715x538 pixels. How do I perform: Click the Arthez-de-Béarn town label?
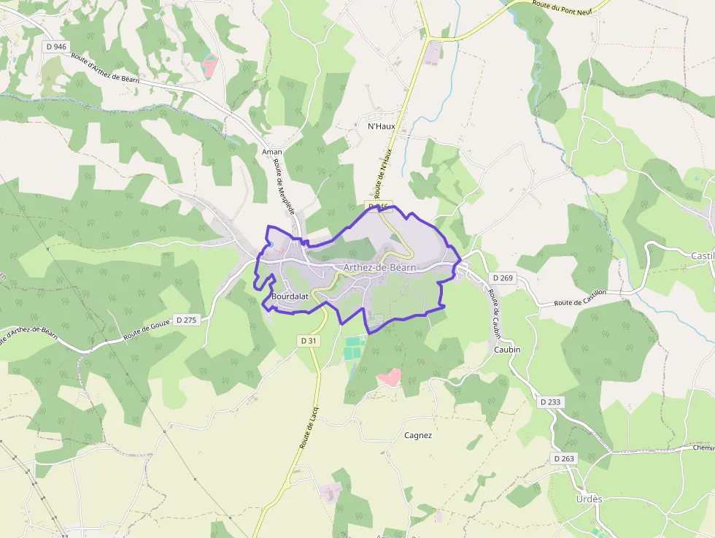pyautogui.click(x=379, y=268)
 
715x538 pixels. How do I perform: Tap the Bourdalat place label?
pyautogui.click(x=290, y=297)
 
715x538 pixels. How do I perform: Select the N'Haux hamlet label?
pyautogui.click(x=381, y=126)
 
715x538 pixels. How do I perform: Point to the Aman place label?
pyautogui.click(x=271, y=152)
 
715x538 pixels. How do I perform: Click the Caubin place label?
pyautogui.click(x=507, y=350)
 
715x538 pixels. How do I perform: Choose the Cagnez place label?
pyautogui.click(x=418, y=436)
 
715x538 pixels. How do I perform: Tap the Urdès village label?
pyautogui.click(x=589, y=499)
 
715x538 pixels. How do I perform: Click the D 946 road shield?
pyautogui.click(x=56, y=47)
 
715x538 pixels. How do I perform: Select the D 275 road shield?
pyautogui.click(x=187, y=320)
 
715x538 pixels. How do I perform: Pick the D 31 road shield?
pyautogui.click(x=309, y=341)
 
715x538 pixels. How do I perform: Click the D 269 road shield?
pyautogui.click(x=503, y=278)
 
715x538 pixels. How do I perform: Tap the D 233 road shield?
pyautogui.click(x=552, y=402)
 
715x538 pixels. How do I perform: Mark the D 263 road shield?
pyautogui.click(x=564, y=458)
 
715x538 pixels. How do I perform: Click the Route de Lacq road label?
pyautogui.click(x=307, y=427)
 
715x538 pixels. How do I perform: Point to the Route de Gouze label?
pyautogui.click(x=146, y=328)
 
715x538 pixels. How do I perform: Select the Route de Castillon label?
pyautogui.click(x=580, y=298)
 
